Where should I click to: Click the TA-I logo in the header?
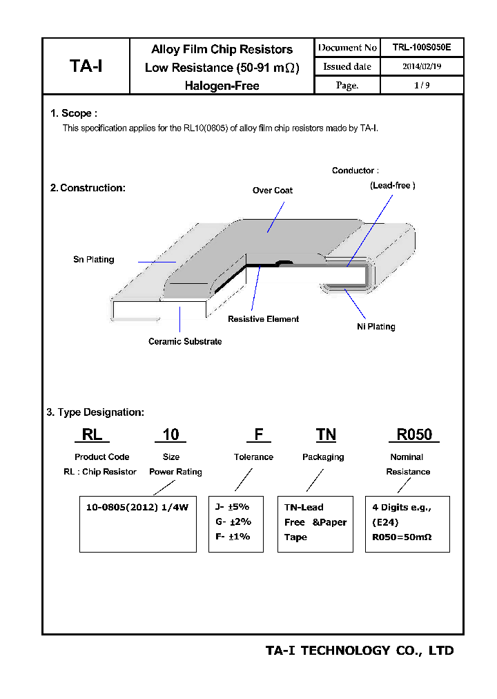point(86,66)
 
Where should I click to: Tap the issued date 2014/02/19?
point(421,67)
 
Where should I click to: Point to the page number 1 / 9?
point(421,86)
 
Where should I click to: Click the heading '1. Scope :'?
point(73,113)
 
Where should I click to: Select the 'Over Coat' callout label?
point(272,191)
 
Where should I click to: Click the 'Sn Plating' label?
point(93,260)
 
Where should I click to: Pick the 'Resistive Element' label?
point(263,319)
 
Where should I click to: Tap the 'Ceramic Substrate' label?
point(185,342)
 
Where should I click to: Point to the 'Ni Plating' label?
point(376,327)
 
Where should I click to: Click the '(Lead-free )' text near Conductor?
point(392,186)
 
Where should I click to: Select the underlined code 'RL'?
point(92,434)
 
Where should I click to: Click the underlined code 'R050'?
point(413,434)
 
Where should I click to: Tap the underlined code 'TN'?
point(326,434)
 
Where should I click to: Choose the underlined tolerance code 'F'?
point(259,434)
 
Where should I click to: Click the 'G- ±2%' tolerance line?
point(233,522)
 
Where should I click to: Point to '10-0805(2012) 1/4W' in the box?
point(137,507)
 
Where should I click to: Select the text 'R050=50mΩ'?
point(401,537)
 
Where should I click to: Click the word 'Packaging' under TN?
point(323,457)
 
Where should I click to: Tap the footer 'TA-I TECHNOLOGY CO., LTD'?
point(359,651)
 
